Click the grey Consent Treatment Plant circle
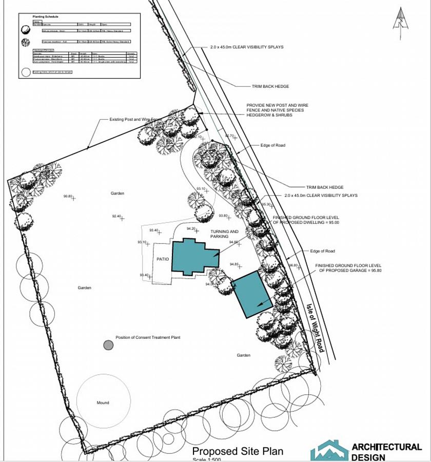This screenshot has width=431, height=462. click(108, 345)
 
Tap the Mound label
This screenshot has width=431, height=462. click(103, 402)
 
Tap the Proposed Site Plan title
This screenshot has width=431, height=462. click(237, 451)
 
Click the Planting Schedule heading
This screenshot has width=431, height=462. click(47, 16)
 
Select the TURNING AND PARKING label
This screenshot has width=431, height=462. click(224, 234)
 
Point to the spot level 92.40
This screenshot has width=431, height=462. click(116, 216)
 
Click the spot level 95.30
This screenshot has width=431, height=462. click(266, 205)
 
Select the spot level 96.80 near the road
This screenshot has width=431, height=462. click(293, 265)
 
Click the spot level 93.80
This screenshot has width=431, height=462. click(223, 216)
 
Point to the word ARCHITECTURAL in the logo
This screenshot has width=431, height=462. click(386, 447)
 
